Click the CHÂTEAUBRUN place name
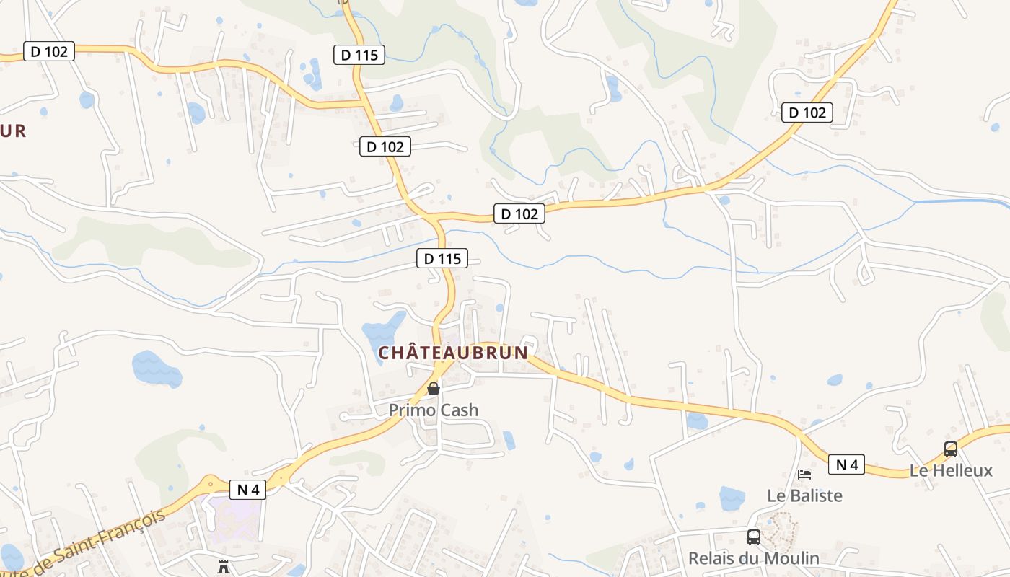click(x=453, y=353)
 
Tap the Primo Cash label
click(x=433, y=410)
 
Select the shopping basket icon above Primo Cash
click(x=434, y=389)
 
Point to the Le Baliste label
click(x=804, y=495)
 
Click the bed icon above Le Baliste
click(x=804, y=475)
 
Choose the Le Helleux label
click(x=951, y=471)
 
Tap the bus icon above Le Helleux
click(x=951, y=449)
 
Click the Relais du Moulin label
click(x=753, y=558)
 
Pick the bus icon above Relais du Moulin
click(x=753, y=537)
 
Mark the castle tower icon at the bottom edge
click(x=224, y=566)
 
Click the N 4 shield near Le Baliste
click(x=846, y=464)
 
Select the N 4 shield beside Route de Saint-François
click(x=248, y=489)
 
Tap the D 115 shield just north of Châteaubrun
click(x=442, y=258)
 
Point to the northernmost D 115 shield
click(x=359, y=54)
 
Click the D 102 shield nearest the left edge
click(x=49, y=51)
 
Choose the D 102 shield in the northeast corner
click(x=807, y=113)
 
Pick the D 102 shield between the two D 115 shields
click(x=385, y=146)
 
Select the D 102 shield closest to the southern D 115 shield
click(x=519, y=213)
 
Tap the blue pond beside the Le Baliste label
click(x=732, y=498)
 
